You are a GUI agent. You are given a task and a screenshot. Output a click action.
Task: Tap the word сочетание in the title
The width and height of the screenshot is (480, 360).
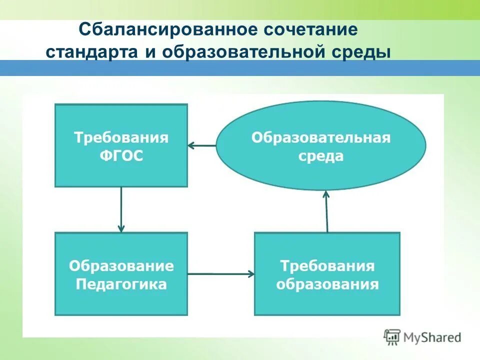pyautogui.click(x=308, y=30)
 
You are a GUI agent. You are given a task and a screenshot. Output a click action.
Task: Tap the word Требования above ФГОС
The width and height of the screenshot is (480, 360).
pyautogui.click(x=121, y=137)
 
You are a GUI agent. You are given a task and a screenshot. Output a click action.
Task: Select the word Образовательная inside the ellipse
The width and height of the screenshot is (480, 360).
pyautogui.click(x=320, y=137)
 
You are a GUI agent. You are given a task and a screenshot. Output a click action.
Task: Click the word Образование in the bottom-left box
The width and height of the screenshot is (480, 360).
pyautogui.click(x=121, y=265)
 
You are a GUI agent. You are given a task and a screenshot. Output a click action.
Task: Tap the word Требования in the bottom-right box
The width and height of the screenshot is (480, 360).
pyautogui.click(x=327, y=265)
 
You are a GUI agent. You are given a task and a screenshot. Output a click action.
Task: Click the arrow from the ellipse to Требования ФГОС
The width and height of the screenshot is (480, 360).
pyautogui.click(x=202, y=145)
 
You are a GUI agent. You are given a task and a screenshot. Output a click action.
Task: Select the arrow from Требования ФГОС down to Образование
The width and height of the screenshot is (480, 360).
pyautogui.click(x=121, y=209)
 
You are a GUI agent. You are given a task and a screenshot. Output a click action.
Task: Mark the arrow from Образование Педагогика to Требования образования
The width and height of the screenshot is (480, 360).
pyautogui.click(x=221, y=273)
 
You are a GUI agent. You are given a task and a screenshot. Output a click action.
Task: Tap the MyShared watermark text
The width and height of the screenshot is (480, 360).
pyautogui.click(x=433, y=337)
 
